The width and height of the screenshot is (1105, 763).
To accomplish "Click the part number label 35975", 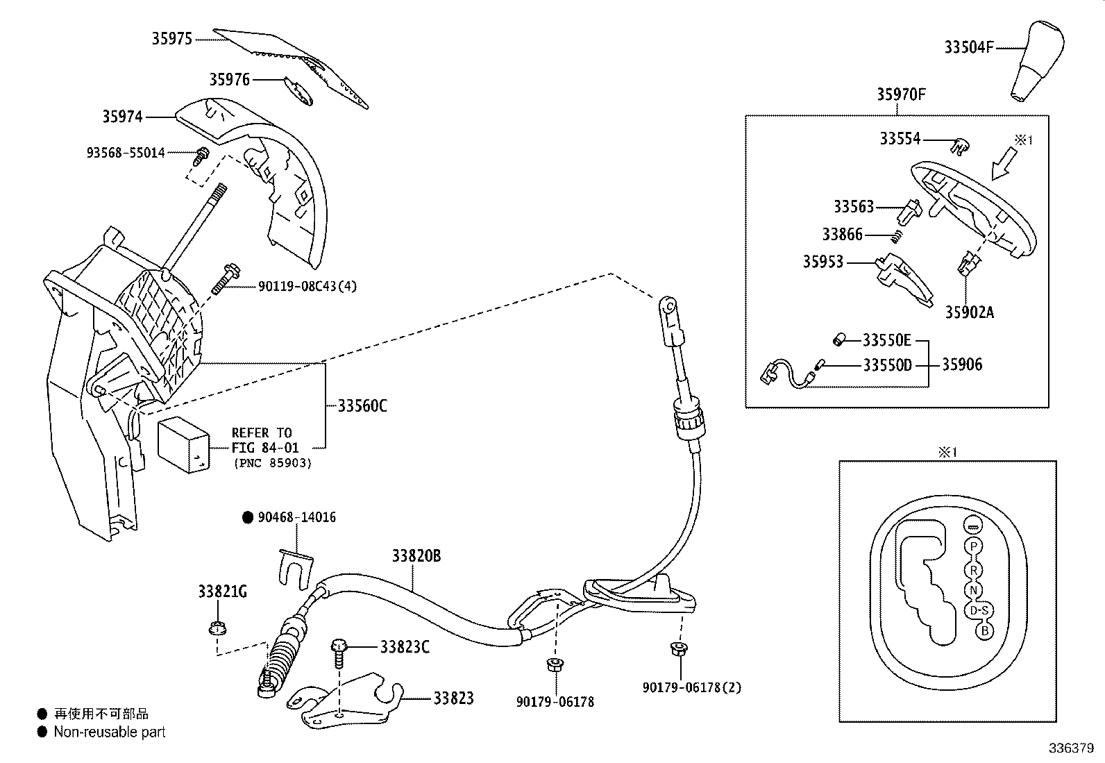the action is (x=171, y=39).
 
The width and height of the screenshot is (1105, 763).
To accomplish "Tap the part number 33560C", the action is (x=362, y=406).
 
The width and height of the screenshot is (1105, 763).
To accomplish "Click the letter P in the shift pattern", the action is (x=974, y=546).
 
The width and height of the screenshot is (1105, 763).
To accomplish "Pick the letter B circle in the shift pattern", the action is (x=983, y=631).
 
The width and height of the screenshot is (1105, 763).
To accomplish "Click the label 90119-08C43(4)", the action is (x=307, y=286).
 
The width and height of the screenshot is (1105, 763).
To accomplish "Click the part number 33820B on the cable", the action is (x=416, y=556).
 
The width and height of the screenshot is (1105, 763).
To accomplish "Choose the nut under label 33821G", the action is (x=216, y=629).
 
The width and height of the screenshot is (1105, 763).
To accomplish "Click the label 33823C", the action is (x=405, y=647).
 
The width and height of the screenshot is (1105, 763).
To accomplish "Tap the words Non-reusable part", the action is (x=110, y=732).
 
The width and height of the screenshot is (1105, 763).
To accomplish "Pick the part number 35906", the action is (x=962, y=364).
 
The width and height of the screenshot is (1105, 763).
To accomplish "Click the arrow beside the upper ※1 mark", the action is (x=1002, y=167).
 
